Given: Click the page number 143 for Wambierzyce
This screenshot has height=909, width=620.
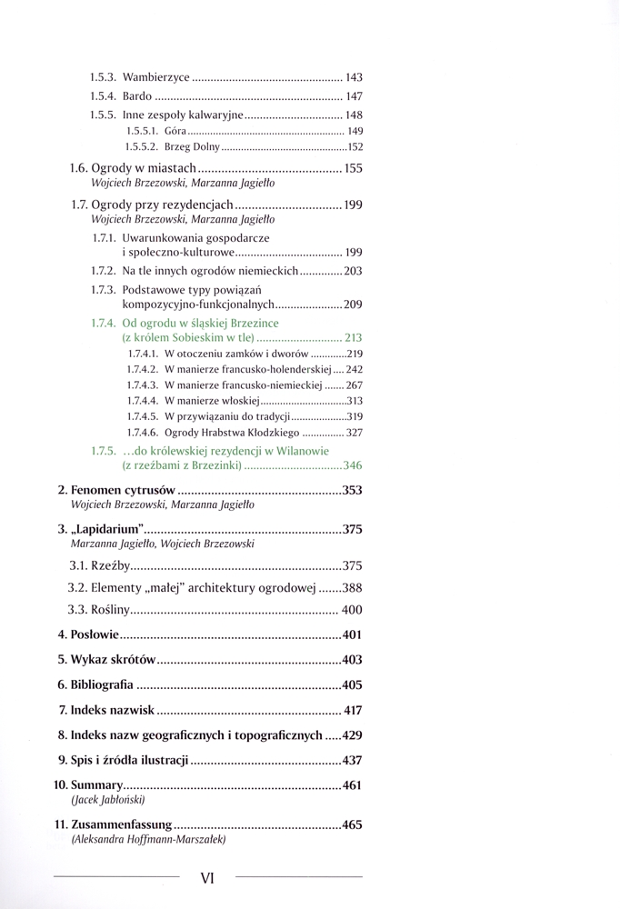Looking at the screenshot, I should tap(355, 78).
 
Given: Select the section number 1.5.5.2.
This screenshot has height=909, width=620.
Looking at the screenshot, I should tap(144, 146).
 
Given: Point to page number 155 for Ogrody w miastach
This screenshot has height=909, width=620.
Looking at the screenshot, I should tap(354, 168).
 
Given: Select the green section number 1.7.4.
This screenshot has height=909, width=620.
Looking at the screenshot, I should tap(103, 323).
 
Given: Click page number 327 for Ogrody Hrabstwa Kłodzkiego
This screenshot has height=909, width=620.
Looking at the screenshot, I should tap(355, 432).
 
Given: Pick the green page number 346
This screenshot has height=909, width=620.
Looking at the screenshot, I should tap(353, 465).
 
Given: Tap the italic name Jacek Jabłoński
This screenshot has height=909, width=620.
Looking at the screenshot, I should tap(107, 801).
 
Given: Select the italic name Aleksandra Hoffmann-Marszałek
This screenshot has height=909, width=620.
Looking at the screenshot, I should tap(148, 841).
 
